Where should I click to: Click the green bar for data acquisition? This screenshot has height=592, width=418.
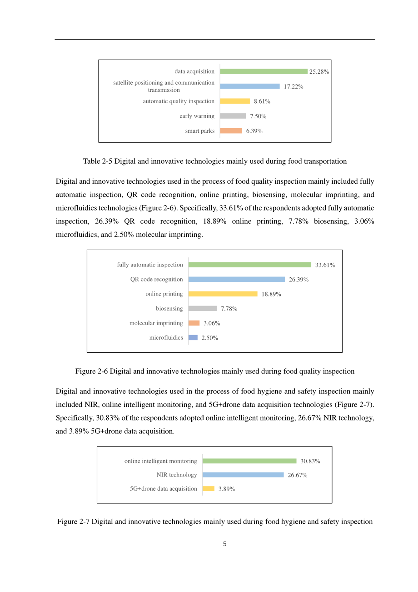pos(264,71)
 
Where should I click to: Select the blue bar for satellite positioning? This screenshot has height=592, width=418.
pos(249,86)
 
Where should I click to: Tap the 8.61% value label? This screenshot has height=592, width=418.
pos(262,101)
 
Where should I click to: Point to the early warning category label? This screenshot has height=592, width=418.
pos(197,116)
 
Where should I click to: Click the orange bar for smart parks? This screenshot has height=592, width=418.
pos(231,131)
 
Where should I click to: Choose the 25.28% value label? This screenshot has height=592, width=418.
pos(318,72)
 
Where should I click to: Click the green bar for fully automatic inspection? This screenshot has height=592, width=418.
pos(249,265)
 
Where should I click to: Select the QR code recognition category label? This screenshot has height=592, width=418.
pos(156,279)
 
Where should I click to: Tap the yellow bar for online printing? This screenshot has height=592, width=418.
pos(223,294)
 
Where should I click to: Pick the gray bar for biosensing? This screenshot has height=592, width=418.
pos(202,308)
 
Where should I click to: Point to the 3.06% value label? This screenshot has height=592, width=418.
pos(212,323)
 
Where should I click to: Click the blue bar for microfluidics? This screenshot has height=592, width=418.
pos(193,337)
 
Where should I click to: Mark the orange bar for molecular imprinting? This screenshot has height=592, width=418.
pos(194,323)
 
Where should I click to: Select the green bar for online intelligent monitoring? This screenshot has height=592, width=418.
pos(249,461)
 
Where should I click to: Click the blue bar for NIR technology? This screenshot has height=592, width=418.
pos(243,475)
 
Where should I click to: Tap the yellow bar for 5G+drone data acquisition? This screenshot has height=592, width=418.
pos(209,489)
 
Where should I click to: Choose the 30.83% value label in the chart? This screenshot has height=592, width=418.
pos(310,461)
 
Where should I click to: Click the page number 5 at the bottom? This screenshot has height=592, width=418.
pos(224,544)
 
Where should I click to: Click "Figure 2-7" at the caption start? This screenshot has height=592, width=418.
pos(73,522)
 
